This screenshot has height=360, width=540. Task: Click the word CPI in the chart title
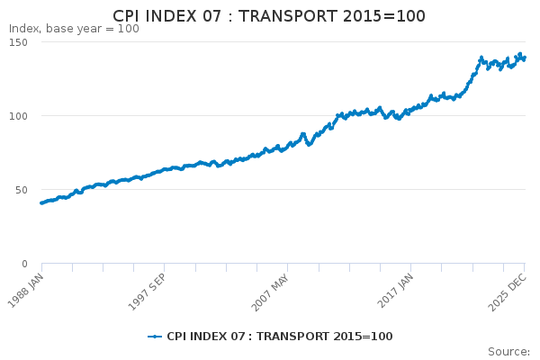130,17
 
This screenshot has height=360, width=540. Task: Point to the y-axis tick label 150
18,42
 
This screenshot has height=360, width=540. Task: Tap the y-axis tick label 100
18,116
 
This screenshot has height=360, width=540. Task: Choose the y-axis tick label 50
22,190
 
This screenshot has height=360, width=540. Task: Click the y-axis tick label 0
25,264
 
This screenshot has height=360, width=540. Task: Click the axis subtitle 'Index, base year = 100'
74,29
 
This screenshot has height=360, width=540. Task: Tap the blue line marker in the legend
155,337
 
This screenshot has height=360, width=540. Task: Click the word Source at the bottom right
508,351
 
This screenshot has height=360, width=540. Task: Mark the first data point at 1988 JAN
41,202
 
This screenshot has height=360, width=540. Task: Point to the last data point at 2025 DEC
525,58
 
